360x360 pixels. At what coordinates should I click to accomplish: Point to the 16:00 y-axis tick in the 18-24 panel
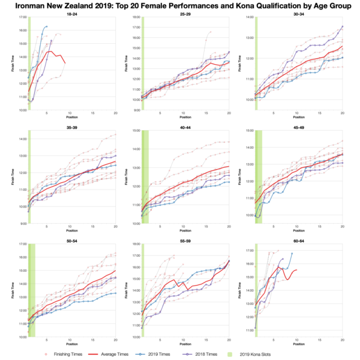coord(22,30)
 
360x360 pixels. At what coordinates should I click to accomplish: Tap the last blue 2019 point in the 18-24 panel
coord(47,26)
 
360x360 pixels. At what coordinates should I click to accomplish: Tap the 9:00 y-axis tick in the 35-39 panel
coord(22,224)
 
